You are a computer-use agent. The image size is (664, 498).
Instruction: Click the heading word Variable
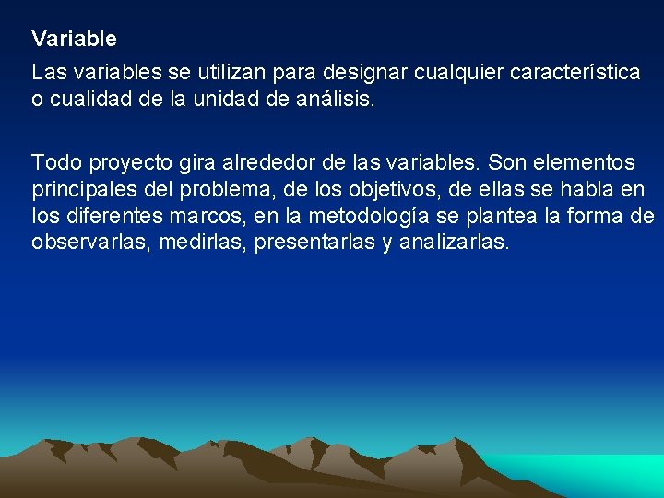(74, 40)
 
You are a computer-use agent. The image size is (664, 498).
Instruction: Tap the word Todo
(57, 163)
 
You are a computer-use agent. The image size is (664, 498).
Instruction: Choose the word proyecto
(131, 164)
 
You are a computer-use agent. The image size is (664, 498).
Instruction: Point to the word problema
(241, 191)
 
